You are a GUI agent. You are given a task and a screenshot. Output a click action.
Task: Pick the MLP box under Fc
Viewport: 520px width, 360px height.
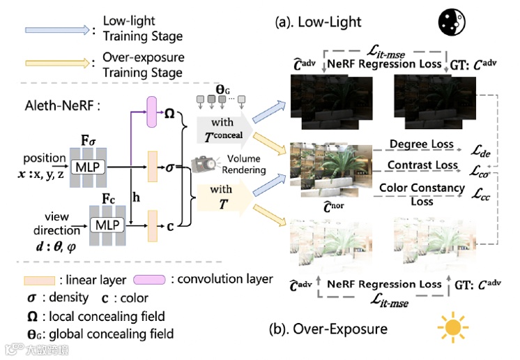(x=107, y=224)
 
